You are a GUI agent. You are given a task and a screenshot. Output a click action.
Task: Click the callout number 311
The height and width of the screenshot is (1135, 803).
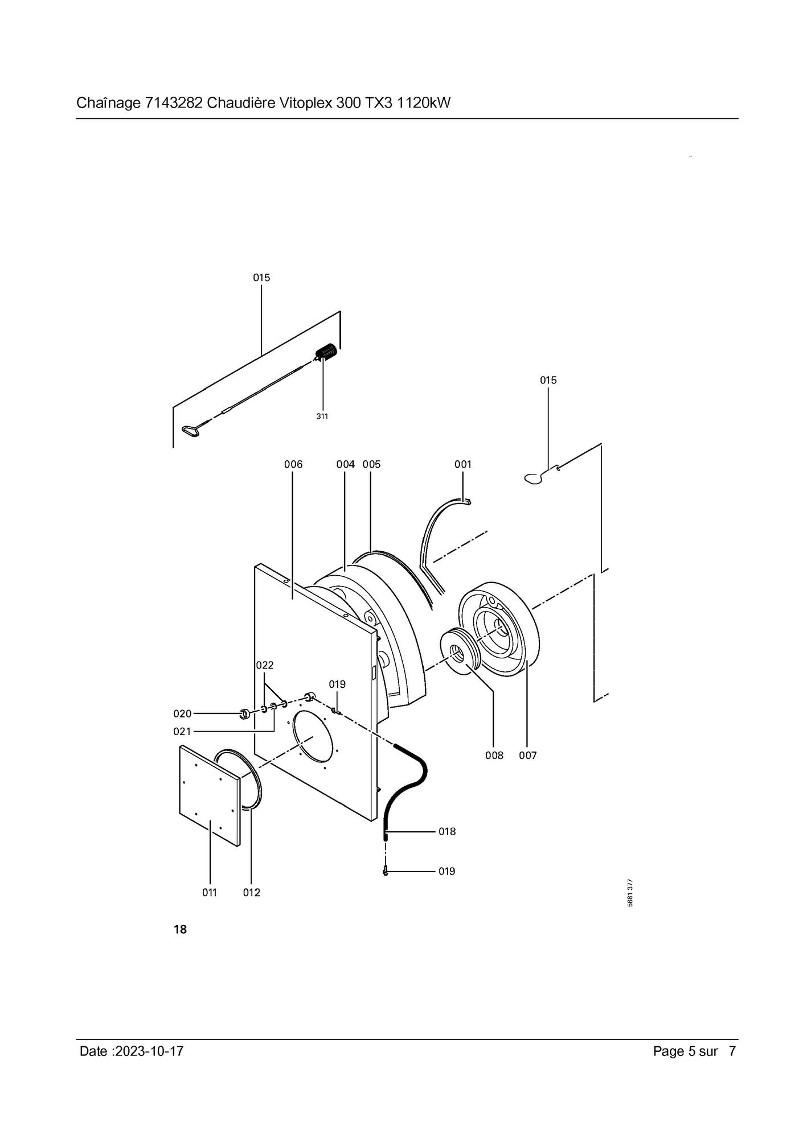click(322, 416)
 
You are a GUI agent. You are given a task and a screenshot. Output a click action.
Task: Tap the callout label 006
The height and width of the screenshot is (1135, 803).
click(293, 464)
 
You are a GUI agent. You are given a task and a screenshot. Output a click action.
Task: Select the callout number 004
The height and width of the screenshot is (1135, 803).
click(346, 464)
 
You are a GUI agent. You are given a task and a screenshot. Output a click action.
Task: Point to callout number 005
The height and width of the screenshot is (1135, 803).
click(371, 464)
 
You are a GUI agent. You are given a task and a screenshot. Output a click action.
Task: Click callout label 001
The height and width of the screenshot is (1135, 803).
click(463, 464)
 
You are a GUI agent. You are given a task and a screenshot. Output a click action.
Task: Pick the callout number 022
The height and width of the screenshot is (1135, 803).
click(265, 665)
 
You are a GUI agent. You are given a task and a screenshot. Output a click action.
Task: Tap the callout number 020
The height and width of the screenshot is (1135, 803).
click(183, 713)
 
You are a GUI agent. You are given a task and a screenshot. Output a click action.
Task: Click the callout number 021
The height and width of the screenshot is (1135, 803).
click(183, 731)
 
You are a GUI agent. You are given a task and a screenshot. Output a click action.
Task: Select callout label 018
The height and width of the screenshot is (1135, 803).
click(447, 832)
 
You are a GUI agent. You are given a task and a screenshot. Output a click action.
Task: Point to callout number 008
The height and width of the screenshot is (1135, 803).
click(494, 756)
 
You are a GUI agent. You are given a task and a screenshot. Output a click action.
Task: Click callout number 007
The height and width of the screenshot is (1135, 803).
click(528, 756)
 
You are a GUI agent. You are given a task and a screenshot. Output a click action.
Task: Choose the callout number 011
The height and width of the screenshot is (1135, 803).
click(210, 893)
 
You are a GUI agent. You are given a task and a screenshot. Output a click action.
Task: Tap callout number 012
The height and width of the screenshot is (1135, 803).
click(252, 893)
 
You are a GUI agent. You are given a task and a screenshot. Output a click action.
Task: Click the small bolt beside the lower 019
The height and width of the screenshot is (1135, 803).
click(386, 871)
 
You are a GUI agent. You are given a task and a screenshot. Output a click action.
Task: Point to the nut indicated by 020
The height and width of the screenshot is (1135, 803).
click(244, 713)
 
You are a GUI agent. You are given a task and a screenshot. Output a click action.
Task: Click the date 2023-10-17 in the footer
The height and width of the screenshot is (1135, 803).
click(149, 1051)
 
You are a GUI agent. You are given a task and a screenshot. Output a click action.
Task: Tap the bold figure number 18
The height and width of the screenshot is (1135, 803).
click(180, 930)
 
